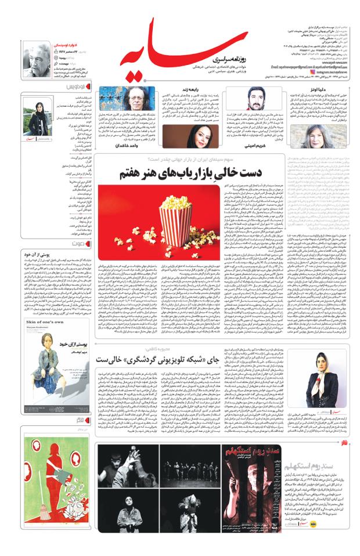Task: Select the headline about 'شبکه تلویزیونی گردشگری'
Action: pos(224,359)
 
